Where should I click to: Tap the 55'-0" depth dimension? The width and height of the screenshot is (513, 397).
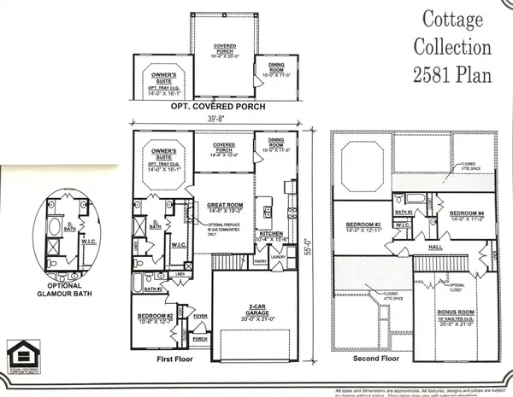click(315, 240)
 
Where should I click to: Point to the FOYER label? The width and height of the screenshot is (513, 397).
click(202, 315)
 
